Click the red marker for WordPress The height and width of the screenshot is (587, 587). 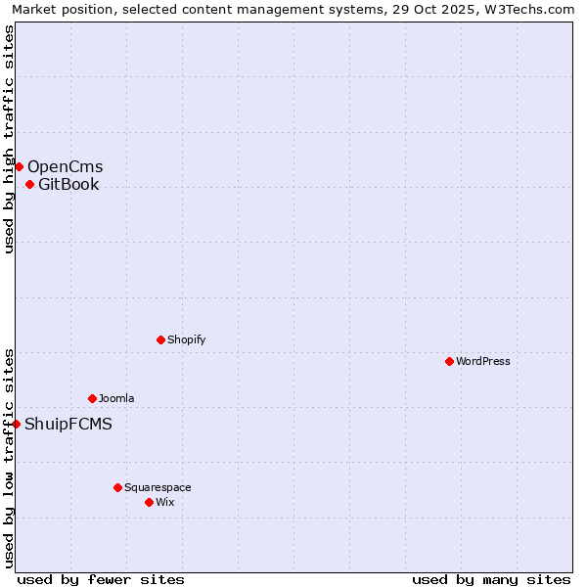[x=449, y=361]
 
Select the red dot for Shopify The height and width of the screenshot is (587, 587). [x=160, y=339]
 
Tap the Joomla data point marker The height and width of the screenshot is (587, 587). [x=92, y=398]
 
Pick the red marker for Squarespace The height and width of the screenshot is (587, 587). [x=117, y=487]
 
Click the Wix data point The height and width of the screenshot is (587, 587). [x=149, y=502]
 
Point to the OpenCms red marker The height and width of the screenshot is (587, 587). [x=19, y=166]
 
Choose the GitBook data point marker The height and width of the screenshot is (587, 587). [x=29, y=184]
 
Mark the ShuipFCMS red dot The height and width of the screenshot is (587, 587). [x=16, y=424]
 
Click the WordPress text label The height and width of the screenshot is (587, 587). [x=483, y=361]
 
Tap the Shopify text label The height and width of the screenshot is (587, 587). [x=186, y=339]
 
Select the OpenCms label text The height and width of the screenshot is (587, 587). [x=65, y=166]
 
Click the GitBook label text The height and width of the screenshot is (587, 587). [x=68, y=184]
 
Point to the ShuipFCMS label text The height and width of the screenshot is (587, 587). [x=68, y=424]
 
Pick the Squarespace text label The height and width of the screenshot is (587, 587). [x=158, y=487]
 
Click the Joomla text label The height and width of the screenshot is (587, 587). [x=116, y=398]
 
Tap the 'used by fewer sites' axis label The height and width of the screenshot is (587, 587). [x=101, y=579]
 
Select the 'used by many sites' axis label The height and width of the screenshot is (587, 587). [x=491, y=579]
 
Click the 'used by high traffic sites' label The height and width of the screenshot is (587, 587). [x=9, y=139]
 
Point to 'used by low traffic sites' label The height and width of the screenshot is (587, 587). [x=9, y=458]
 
